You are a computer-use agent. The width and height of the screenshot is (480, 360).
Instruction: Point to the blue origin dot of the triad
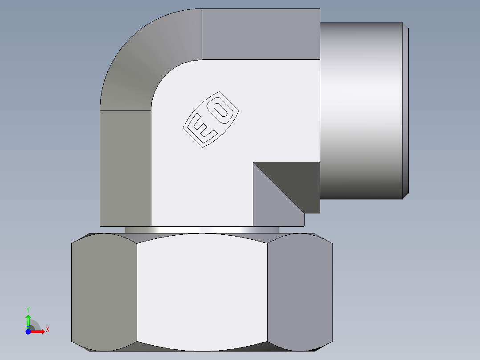pyautogui.click(x=28, y=331)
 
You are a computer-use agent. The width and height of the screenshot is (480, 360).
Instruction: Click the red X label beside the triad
pyautogui.click(x=47, y=329)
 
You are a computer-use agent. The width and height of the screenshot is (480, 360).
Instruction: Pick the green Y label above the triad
pyautogui.click(x=28, y=309)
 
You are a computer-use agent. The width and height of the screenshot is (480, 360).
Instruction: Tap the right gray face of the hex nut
pyautogui.click(x=300, y=292)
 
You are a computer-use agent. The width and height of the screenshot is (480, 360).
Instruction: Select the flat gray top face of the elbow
pyautogui.click(x=260, y=34)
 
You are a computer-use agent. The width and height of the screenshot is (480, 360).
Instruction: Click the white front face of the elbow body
pyautogui.click(x=200, y=178)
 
